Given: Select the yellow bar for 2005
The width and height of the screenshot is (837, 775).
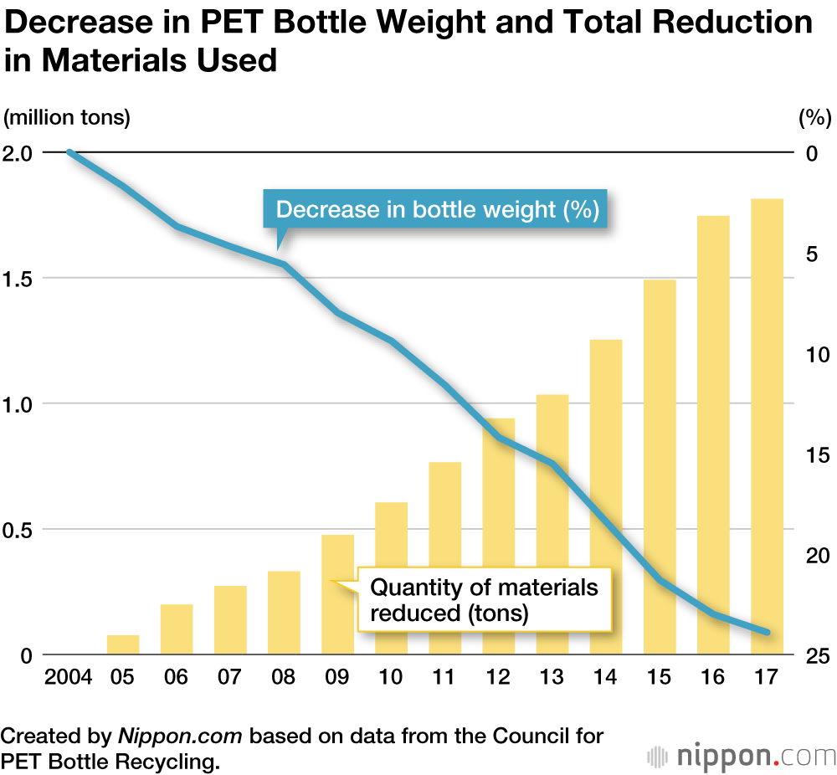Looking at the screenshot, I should tap(123, 644).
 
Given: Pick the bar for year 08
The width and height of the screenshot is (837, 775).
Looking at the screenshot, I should tap(284, 612).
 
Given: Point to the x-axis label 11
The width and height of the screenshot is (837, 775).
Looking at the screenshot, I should tap(444, 677).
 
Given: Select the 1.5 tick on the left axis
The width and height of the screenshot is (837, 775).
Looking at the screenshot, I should tap(19, 279).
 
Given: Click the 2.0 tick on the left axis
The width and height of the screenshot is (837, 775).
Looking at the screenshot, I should tap(19, 153).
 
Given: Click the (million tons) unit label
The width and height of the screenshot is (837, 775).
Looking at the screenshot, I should tap(67, 117).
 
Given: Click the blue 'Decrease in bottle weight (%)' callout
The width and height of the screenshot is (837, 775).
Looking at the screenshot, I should tap(437, 209).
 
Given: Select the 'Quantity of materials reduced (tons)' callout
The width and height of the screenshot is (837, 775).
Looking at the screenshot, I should tap(484, 599).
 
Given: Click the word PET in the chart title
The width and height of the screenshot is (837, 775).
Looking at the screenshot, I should tap(230, 23).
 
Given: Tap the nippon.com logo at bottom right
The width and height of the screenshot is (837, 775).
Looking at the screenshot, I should tap(741, 756).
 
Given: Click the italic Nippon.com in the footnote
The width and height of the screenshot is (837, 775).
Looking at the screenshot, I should tap(180, 737).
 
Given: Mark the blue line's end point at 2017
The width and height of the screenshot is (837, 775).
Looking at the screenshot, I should tap(767, 632).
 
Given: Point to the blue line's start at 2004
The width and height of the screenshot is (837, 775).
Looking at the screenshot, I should tap(70, 152).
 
